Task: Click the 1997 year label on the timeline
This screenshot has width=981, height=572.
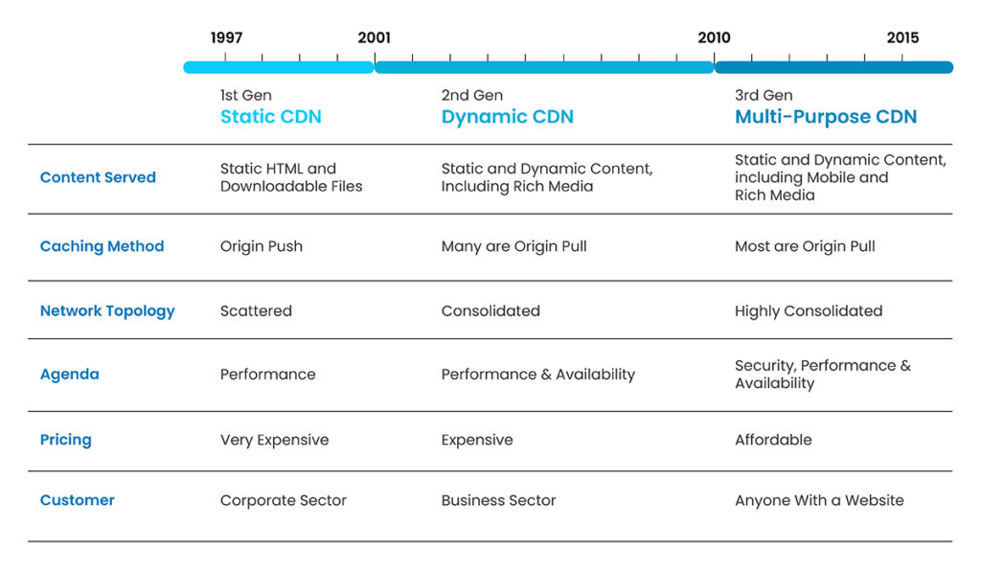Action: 226,38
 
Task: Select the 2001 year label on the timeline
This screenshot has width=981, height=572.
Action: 374,38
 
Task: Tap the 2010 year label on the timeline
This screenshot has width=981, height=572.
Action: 714,38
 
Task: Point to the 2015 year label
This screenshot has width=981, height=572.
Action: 902,38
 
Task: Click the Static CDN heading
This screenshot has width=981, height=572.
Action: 271,117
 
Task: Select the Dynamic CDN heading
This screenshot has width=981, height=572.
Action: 507,117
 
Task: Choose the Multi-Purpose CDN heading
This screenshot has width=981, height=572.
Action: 826,117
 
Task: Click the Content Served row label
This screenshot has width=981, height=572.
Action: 98,177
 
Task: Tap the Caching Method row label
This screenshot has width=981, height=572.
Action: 102,246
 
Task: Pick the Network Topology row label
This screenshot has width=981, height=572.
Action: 107,310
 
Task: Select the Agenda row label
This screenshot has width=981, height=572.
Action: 69,374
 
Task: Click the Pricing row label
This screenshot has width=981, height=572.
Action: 65,440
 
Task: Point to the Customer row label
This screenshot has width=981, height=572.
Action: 77,500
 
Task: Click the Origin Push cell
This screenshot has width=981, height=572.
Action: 262,246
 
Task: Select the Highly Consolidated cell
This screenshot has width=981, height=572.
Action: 809,310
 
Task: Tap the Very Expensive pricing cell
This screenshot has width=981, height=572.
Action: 274,440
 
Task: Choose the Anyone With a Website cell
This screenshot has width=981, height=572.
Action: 819,500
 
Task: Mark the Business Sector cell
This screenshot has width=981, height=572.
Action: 498,500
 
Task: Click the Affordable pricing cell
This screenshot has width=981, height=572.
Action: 773,440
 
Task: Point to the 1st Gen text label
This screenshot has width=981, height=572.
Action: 245,95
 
